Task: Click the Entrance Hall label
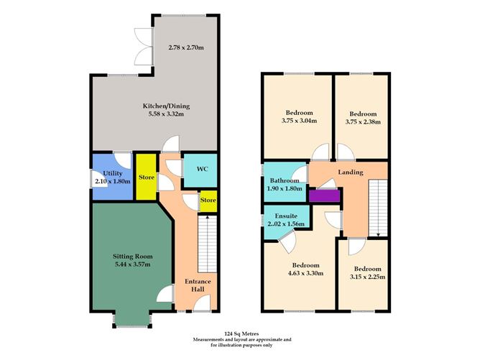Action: (198, 285)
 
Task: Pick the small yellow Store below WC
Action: (208, 199)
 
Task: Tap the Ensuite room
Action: (285, 219)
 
